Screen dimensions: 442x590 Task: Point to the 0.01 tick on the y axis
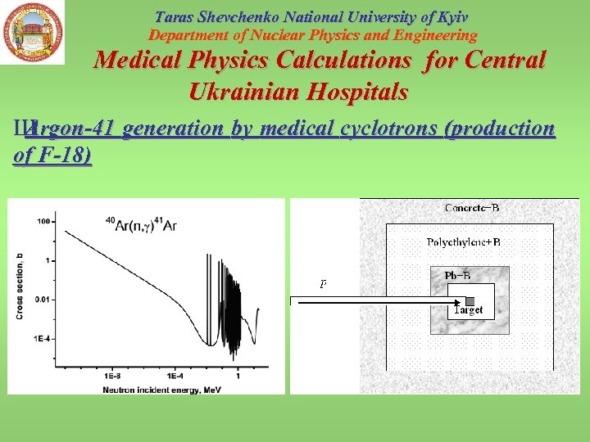(x=45, y=299)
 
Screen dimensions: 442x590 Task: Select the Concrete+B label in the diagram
(x=472, y=208)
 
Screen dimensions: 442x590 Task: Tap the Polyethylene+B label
(x=464, y=242)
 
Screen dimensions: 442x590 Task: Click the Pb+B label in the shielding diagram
(x=457, y=276)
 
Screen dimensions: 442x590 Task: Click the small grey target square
(x=470, y=301)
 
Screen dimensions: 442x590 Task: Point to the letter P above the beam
(x=323, y=285)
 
